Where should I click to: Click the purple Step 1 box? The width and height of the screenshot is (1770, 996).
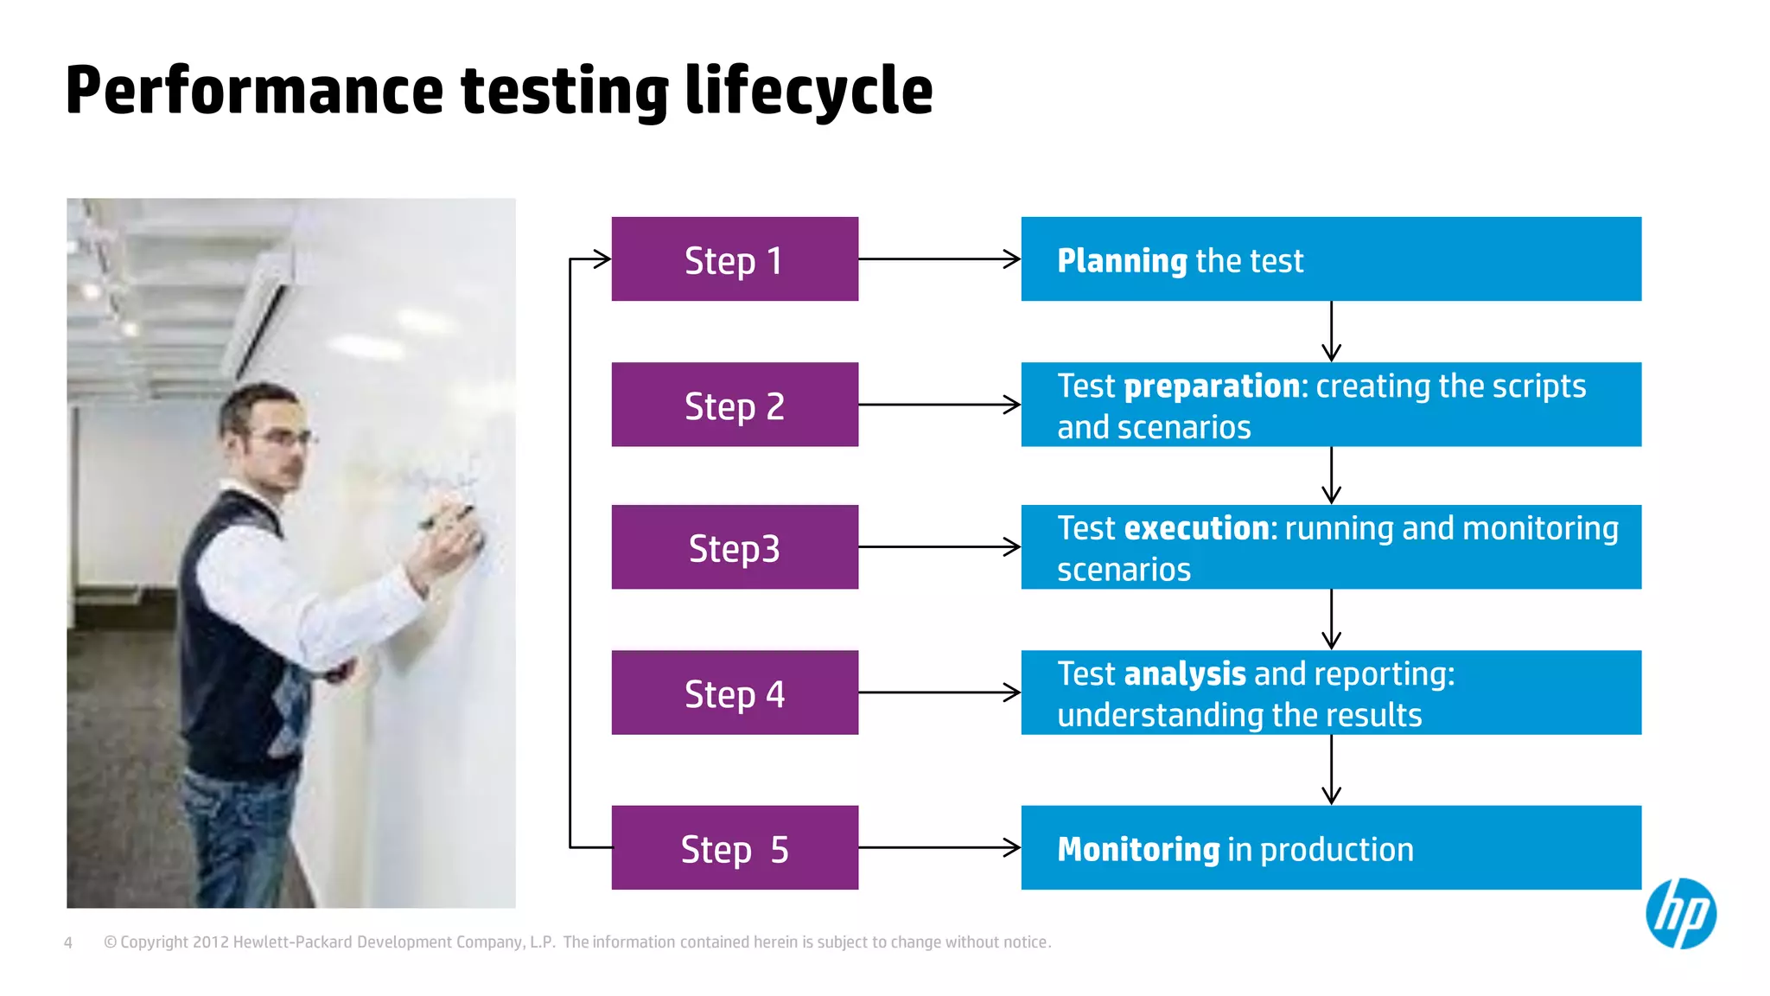click(735, 259)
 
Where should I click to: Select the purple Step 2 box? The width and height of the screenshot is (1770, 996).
click(735, 405)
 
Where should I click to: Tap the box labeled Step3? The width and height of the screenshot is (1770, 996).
click(735, 547)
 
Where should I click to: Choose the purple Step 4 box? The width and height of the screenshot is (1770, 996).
click(735, 693)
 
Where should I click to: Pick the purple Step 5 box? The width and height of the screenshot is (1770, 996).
click(735, 848)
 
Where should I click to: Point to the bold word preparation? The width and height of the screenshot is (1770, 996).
click(1212, 386)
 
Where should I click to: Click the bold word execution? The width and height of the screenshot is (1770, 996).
click(1201, 528)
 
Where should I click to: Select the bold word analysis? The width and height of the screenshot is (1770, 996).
click(1185, 674)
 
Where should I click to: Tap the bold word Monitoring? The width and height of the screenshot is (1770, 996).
click(1138, 849)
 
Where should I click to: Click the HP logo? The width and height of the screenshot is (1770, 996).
click(1680, 914)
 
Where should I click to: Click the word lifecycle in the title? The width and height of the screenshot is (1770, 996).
click(809, 91)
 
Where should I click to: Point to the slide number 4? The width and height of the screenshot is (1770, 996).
click(68, 942)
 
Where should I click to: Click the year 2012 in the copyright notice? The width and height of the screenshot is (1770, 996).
click(210, 942)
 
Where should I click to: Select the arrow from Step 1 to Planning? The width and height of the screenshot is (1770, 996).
click(939, 259)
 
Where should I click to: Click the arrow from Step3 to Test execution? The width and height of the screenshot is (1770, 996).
click(939, 546)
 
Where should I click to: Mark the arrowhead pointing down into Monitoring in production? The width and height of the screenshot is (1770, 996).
click(1331, 794)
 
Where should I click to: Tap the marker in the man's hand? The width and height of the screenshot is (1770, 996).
click(447, 517)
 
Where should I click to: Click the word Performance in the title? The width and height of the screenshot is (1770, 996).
click(254, 91)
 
